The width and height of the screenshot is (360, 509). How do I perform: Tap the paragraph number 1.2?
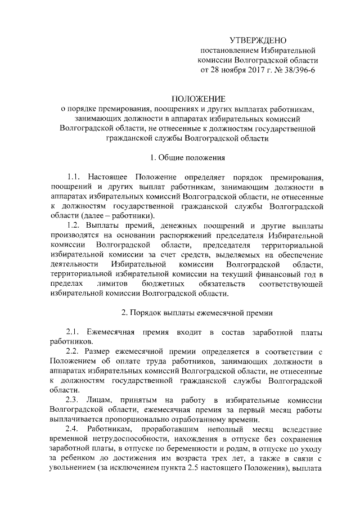click(75, 226)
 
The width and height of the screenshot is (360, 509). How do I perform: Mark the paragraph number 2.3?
click(75, 400)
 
